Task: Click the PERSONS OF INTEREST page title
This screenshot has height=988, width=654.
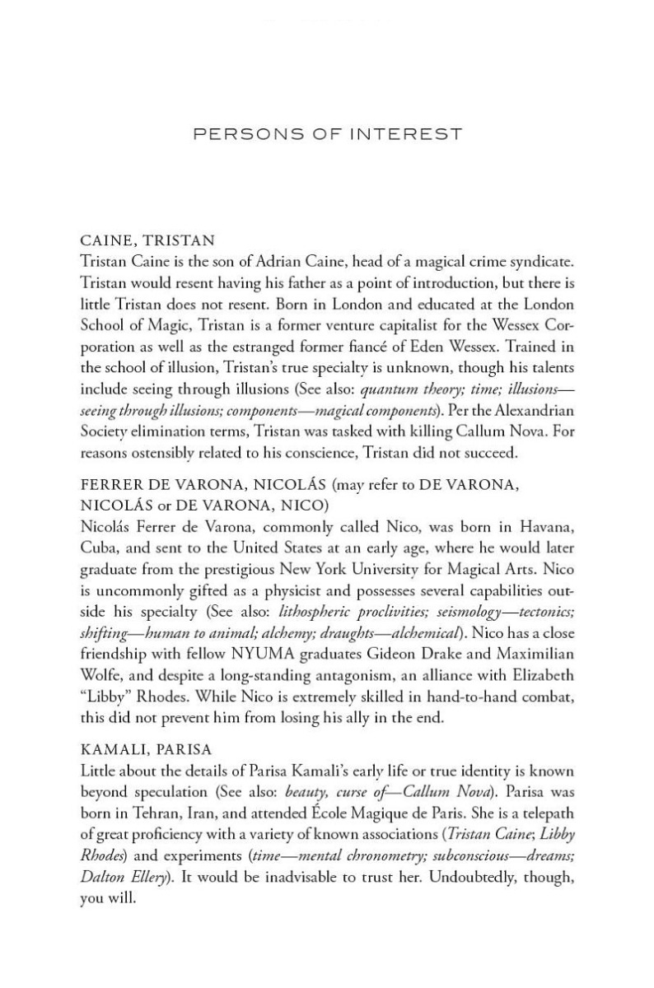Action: (x=327, y=133)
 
